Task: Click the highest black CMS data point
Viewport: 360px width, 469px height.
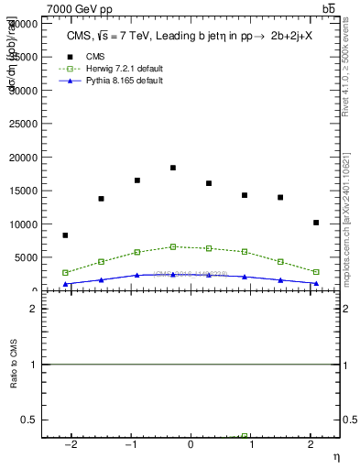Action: tap(173, 168)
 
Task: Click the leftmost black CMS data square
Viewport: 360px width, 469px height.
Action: tap(65, 235)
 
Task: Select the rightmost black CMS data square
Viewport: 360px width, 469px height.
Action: tap(315, 223)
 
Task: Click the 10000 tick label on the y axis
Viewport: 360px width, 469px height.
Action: tap(26, 224)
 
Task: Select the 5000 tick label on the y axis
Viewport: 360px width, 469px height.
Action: tap(27, 257)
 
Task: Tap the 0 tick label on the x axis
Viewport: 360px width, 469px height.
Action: tap(191, 443)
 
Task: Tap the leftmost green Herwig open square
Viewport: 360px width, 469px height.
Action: tap(65, 273)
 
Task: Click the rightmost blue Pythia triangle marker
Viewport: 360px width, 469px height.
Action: tap(315, 283)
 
